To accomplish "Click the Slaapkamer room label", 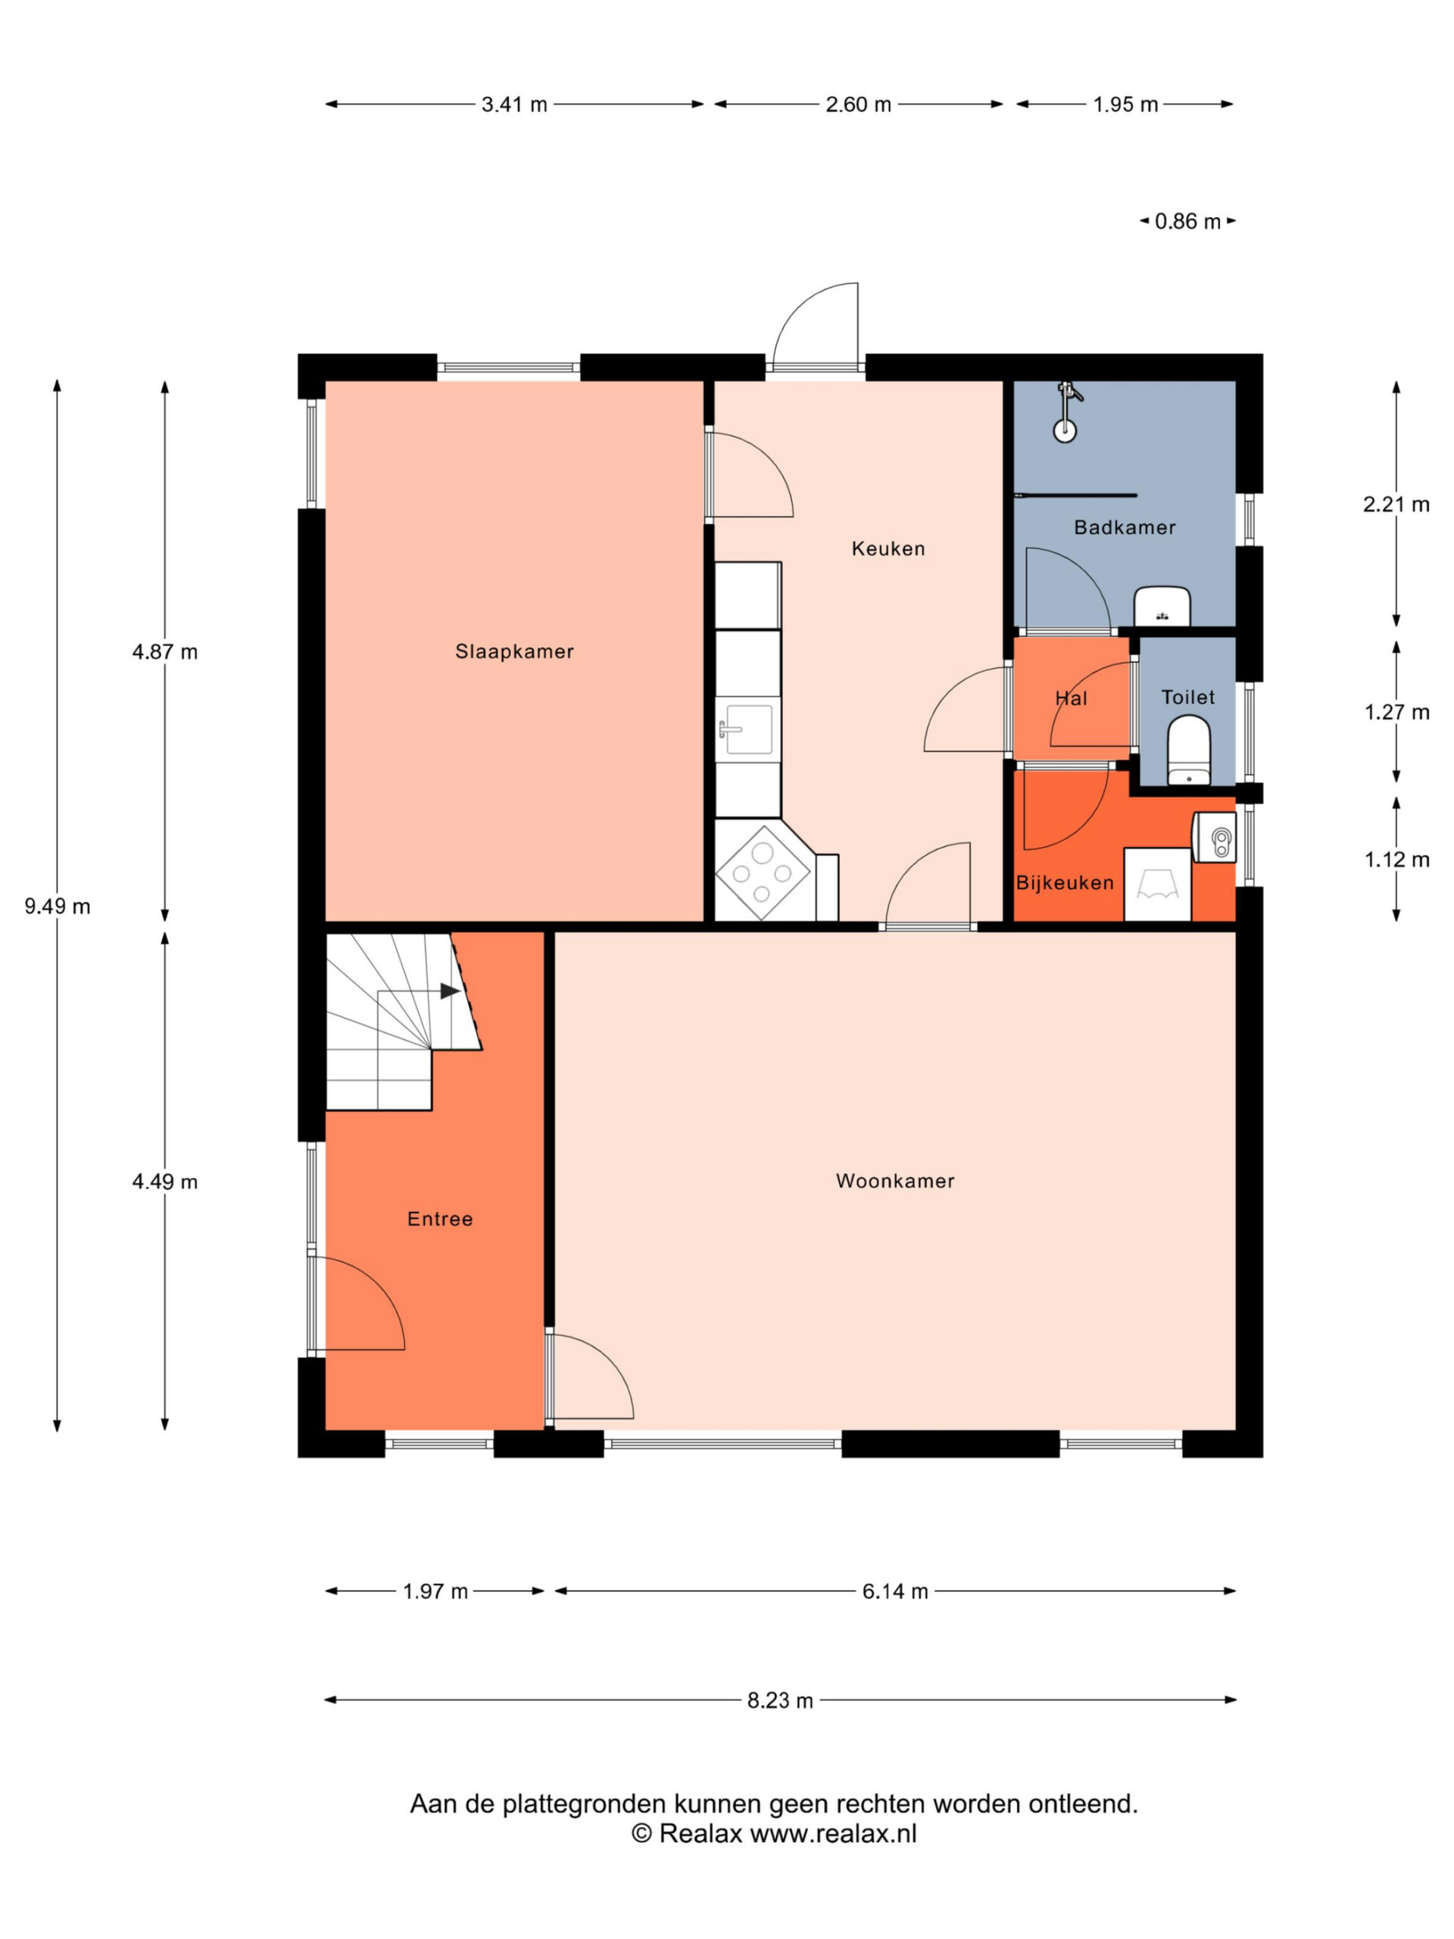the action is tap(513, 651).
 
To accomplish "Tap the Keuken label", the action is tap(888, 548).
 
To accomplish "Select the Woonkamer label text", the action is tap(895, 1181).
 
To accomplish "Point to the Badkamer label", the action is tap(1125, 527).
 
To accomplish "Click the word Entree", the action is tap(440, 1219).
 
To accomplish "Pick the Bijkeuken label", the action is tap(1065, 882).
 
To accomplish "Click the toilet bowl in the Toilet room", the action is tap(1188, 750).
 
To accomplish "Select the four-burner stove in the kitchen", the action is tap(762, 873).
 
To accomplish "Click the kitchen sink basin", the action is tap(747, 729).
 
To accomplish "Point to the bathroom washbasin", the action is tap(1162, 607).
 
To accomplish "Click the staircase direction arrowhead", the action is tap(450, 991).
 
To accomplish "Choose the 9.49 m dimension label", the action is tap(57, 907).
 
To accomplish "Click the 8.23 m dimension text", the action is tap(780, 1700).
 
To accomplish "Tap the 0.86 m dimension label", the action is tap(1187, 221).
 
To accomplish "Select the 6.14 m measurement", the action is tap(895, 1591).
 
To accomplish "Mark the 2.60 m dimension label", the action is tap(858, 105).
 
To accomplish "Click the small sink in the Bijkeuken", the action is tap(1215, 838).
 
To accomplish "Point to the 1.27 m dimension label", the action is tap(1396, 712).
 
